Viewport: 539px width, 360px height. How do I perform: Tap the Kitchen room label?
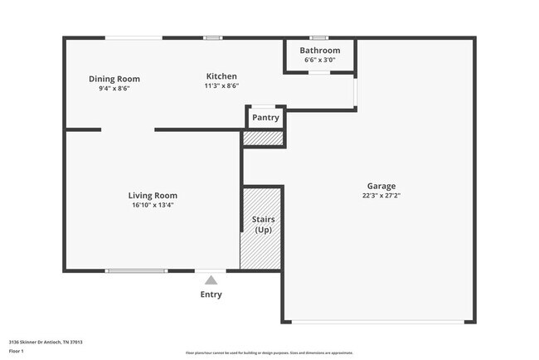(221, 76)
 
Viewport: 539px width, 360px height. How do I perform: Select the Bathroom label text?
(321, 51)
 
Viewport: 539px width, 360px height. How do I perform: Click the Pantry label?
(265, 118)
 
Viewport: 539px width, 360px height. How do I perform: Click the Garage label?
(381, 186)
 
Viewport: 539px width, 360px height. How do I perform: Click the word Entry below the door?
(211, 294)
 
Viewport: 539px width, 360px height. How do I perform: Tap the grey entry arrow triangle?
(211, 280)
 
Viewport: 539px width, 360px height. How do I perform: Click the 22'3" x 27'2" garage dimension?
(381, 196)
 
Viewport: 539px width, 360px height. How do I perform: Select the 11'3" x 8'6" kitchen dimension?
(221, 85)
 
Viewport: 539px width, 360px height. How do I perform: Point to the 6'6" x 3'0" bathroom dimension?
(321, 60)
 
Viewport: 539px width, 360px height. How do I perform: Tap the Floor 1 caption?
(17, 351)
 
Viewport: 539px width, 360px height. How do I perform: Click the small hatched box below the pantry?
(264, 139)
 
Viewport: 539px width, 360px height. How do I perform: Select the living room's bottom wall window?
(137, 270)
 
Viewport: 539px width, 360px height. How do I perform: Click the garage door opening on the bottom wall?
(380, 321)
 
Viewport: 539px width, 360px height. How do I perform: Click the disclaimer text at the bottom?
(269, 353)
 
